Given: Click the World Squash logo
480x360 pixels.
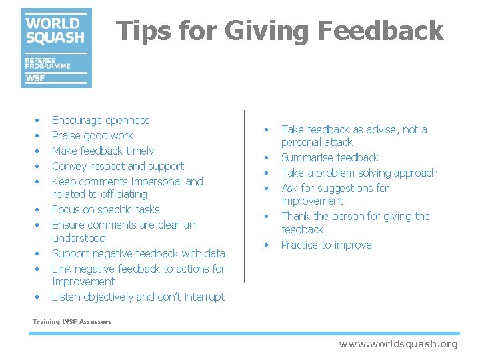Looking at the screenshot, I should (x=56, y=47).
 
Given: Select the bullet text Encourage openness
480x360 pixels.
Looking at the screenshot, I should (x=101, y=121).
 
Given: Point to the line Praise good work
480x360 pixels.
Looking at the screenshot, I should (x=92, y=136).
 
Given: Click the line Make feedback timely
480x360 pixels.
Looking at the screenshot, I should (x=103, y=151).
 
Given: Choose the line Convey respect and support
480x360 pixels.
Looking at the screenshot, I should (x=117, y=167).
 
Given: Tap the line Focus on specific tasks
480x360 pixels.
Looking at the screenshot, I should (x=105, y=210).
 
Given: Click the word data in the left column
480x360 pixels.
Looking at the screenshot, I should (x=214, y=254).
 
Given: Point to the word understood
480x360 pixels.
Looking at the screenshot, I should (x=79, y=239).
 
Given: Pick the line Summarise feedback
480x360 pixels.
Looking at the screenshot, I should (x=329, y=158).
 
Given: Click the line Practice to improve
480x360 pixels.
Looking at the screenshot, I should (x=326, y=245).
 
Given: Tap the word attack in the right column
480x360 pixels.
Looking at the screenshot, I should (x=337, y=143).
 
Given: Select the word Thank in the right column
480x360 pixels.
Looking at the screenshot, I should (x=296, y=217).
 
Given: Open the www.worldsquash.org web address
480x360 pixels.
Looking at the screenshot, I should (x=398, y=344).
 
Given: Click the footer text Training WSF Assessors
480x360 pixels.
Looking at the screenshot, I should (x=72, y=322).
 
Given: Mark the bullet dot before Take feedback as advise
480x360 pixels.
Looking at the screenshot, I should (x=267, y=130).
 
